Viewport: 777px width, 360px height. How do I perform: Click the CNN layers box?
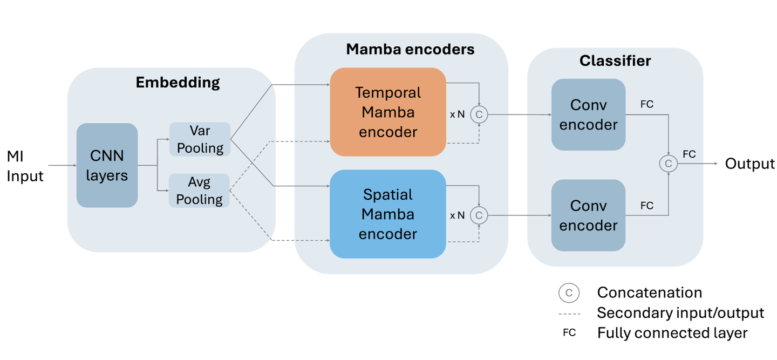tap(107, 165)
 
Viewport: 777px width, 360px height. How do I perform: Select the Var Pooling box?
tap(200, 139)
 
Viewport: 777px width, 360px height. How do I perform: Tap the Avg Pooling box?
tap(199, 191)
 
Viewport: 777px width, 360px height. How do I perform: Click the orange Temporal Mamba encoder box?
tap(388, 112)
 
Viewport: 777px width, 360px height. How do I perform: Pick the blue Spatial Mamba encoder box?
tap(388, 214)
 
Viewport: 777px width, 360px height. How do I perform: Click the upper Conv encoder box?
tap(588, 114)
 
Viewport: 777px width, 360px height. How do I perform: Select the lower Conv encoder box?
tap(588, 215)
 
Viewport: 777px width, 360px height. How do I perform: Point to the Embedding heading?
tap(178, 83)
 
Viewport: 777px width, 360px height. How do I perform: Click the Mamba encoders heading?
tap(410, 49)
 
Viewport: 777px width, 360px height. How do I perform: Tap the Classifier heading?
tap(615, 60)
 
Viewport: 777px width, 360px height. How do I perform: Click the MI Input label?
tap(25, 166)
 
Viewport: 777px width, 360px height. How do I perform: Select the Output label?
tap(749, 164)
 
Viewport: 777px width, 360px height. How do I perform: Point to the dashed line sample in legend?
tap(569, 314)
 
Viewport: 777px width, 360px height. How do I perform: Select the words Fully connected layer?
tap(672, 333)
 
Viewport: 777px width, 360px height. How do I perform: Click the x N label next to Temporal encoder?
tap(457, 114)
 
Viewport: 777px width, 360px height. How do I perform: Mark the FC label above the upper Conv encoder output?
tap(646, 104)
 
